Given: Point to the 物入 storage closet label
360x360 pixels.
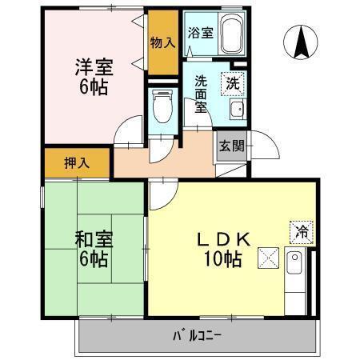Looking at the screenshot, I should click(162, 42).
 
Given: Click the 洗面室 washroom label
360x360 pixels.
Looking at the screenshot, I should click(201, 94).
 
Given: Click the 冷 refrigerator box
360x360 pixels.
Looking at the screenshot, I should click(302, 231).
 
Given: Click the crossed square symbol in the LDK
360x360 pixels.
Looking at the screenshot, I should click(268, 258).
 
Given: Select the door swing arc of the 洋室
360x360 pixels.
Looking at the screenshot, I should click(126, 134).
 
